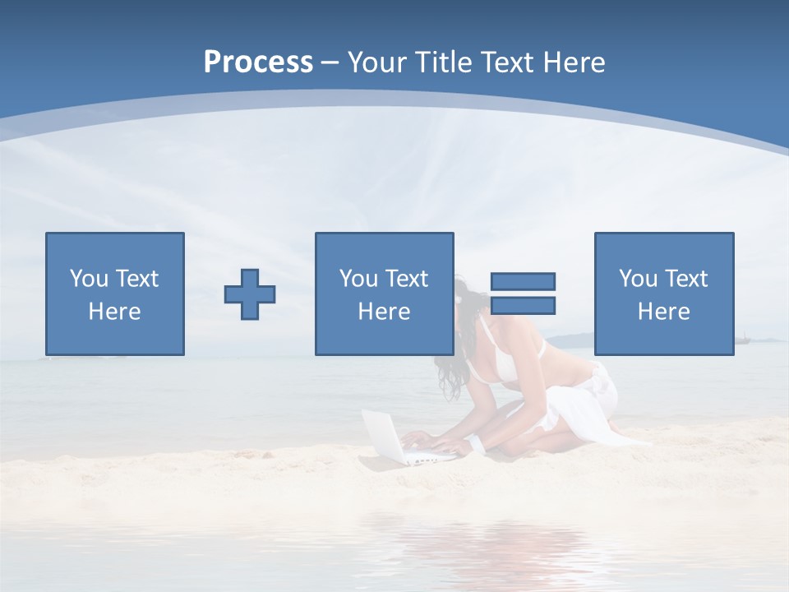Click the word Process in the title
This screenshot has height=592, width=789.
258,62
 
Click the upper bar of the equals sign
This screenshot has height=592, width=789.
523,281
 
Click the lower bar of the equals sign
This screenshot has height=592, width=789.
523,306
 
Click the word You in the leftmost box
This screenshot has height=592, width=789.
90,279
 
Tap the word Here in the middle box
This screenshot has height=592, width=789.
384,312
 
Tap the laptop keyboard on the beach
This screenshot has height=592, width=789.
427,453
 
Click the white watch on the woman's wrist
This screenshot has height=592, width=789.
476,444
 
